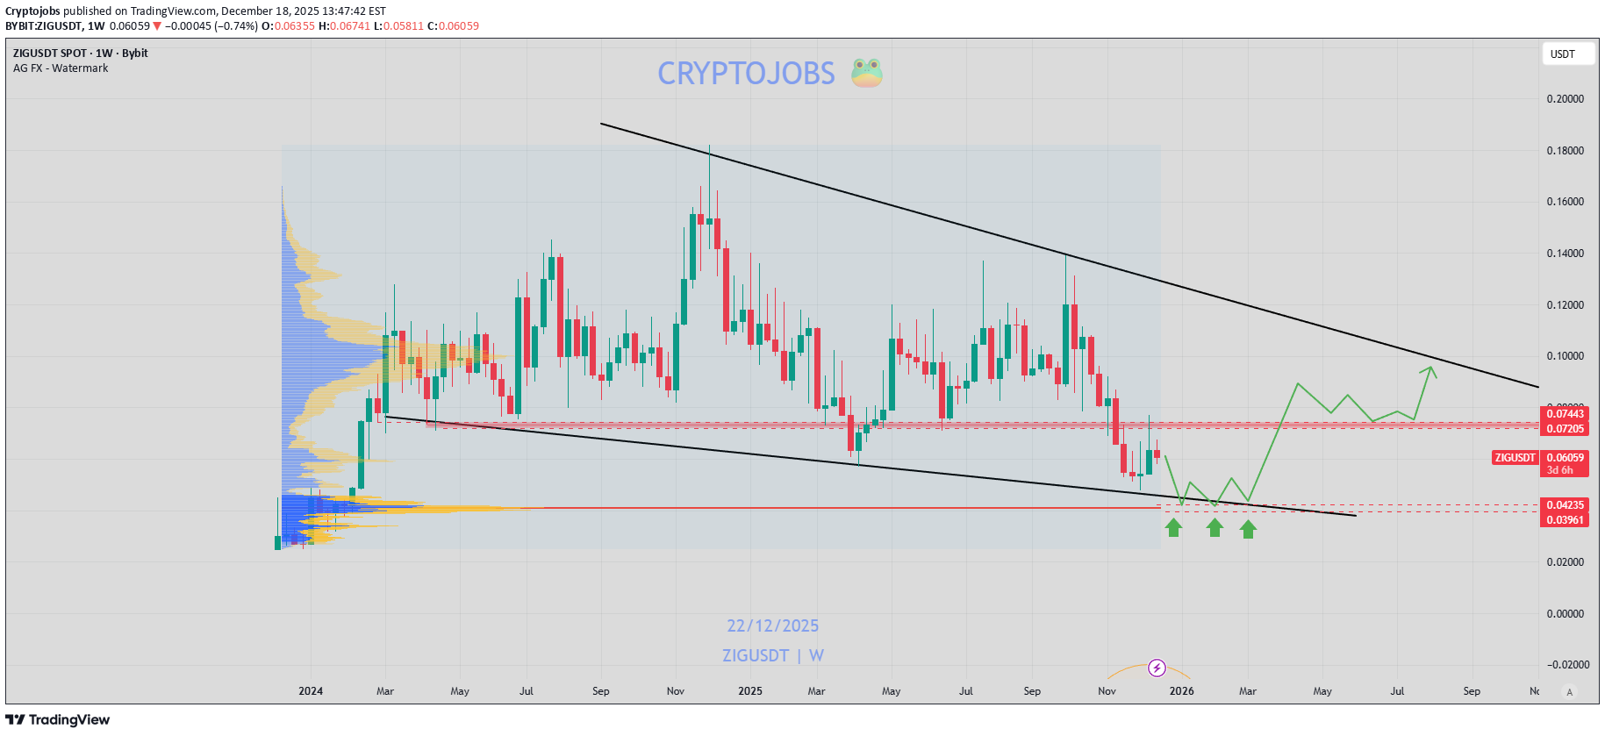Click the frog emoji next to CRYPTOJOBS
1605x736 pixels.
(866, 73)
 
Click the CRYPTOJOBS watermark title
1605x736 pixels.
(746, 74)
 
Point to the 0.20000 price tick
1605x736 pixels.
(1565, 99)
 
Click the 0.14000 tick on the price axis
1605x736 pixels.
(1565, 254)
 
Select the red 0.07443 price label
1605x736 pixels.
(1565, 414)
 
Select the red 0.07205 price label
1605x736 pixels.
(1565, 429)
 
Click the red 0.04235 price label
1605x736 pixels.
(1565, 505)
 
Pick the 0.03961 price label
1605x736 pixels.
(1565, 520)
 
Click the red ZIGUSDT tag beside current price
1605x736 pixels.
(1515, 458)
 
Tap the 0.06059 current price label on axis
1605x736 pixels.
(1565, 458)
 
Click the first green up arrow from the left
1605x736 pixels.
(1174, 527)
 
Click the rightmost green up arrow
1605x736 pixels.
(1248, 529)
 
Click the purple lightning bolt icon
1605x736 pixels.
(1157, 668)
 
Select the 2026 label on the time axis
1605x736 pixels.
(1181, 691)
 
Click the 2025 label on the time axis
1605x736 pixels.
(749, 691)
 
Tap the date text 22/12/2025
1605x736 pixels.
(772, 625)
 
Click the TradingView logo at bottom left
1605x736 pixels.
(58, 719)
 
